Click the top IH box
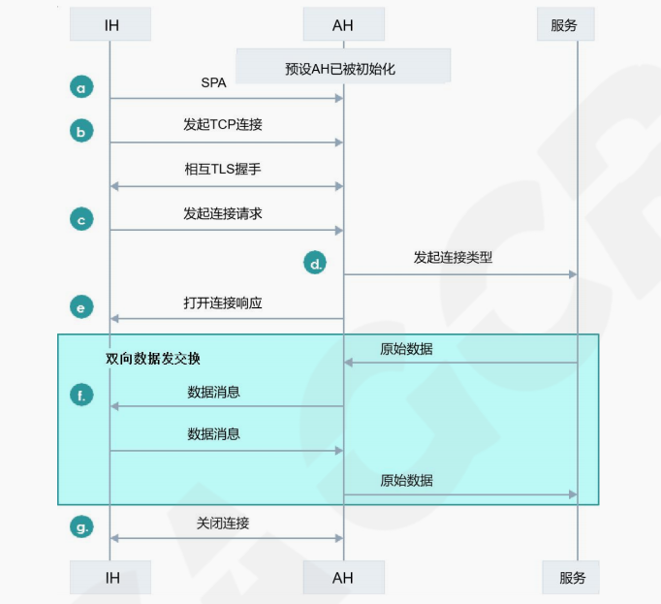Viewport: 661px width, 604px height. (110, 25)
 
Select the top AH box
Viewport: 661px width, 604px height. (343, 25)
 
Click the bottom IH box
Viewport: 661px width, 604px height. (110, 578)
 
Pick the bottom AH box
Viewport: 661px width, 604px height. (343, 578)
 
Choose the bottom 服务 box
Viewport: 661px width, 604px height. (572, 578)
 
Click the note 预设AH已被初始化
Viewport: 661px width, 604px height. (343, 69)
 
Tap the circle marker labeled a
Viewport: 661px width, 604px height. (81, 87)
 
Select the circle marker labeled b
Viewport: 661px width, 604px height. (81, 130)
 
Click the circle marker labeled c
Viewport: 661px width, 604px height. (81, 219)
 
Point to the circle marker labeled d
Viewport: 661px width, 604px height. (315, 262)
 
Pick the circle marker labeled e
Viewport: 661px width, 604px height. (81, 307)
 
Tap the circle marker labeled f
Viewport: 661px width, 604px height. (81, 395)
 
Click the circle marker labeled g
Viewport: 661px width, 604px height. (81, 527)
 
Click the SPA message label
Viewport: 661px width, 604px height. (213, 83)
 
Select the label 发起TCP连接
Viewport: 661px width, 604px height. (223, 125)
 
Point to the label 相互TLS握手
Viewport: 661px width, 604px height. (223, 169)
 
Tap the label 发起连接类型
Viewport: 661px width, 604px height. (453, 258)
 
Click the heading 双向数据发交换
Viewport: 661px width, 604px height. (153, 358)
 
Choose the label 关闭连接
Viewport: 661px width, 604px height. (223, 523)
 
